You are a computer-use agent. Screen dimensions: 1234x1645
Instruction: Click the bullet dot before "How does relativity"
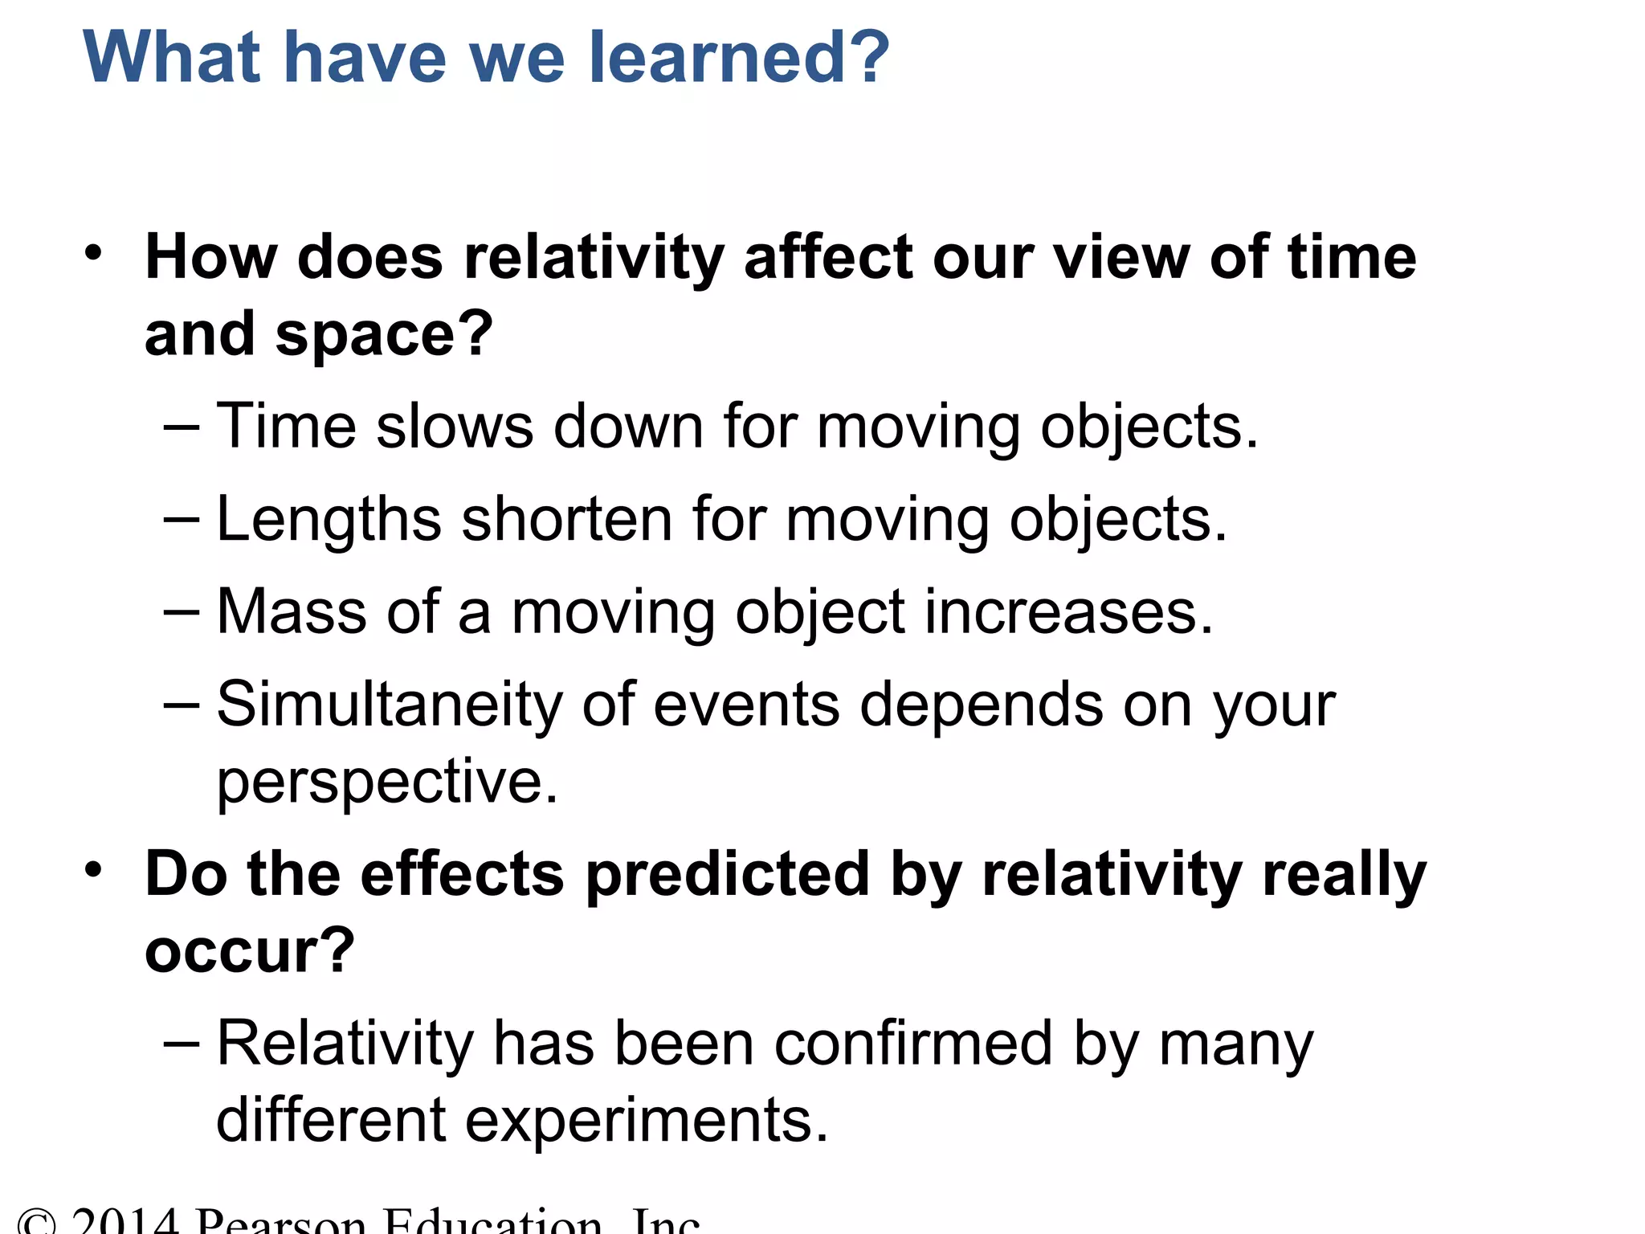coord(94,254)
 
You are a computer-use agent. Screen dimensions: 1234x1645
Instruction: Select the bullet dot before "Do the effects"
coord(94,870)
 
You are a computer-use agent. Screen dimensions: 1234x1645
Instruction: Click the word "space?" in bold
coord(384,334)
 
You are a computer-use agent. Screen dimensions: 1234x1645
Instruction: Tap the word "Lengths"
coord(329,521)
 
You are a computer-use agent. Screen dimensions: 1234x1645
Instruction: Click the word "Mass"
coord(292,611)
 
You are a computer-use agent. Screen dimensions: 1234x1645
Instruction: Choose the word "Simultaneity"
coord(390,705)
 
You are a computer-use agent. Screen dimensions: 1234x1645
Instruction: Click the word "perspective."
coord(387,782)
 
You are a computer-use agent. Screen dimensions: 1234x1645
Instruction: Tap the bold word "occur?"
coord(250,950)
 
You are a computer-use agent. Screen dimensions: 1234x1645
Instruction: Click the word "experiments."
coord(647,1120)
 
